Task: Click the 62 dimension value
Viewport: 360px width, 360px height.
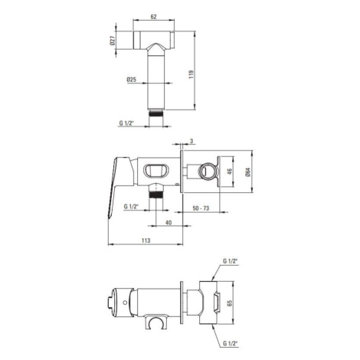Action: tap(153, 17)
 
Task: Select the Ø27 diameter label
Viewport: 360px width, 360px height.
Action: tap(113, 41)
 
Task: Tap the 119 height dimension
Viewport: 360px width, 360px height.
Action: tap(191, 74)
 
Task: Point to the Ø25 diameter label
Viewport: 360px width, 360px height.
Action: tap(131, 80)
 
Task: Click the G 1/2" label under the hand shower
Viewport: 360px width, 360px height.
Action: tap(127, 123)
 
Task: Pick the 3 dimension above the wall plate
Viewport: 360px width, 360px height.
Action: tap(191, 141)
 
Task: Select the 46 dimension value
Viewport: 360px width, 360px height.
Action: tap(230, 172)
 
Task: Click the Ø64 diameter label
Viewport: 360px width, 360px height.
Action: tap(248, 172)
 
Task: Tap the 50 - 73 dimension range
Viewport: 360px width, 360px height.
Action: tap(201, 208)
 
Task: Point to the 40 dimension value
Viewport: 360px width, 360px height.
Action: tap(169, 223)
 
